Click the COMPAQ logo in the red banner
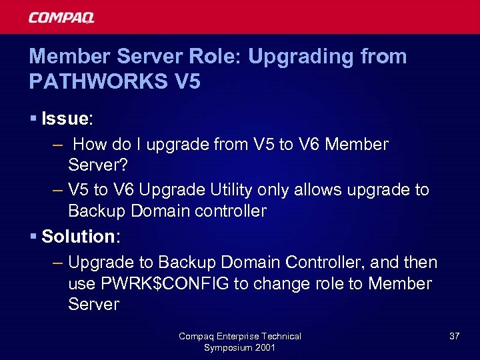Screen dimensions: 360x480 (61, 17)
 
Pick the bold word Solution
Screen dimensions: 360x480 (77, 236)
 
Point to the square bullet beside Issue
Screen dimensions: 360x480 (33, 119)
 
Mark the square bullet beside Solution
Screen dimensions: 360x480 (33, 236)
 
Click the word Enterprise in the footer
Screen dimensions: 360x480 (237, 337)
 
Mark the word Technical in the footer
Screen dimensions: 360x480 (281, 337)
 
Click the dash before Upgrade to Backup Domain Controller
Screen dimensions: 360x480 (57, 263)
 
